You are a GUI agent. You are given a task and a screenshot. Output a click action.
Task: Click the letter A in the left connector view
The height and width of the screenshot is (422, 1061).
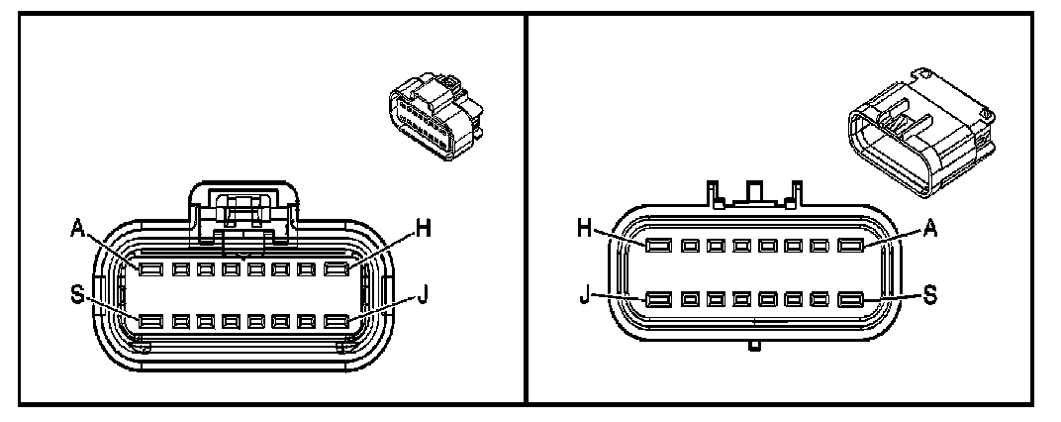click(78, 229)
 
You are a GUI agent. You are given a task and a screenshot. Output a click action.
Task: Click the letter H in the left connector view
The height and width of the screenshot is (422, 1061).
click(425, 229)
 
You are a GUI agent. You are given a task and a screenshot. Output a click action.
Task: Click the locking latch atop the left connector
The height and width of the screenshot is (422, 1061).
click(243, 208)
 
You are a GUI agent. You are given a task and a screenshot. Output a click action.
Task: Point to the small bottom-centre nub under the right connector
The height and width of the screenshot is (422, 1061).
click(754, 348)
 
